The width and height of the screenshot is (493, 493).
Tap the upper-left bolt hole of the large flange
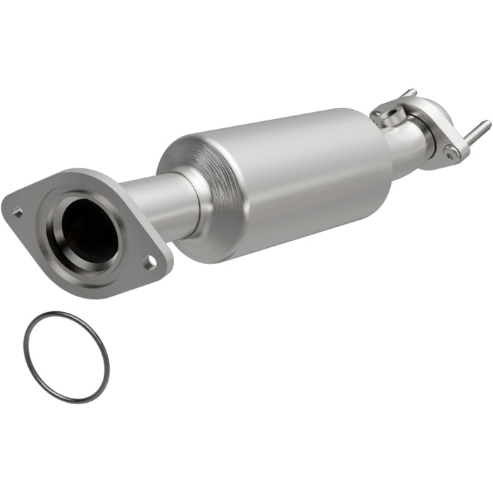click(x=18, y=211)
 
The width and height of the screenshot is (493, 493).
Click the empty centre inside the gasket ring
click(x=66, y=356)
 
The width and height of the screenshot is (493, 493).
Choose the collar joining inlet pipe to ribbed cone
click(x=194, y=201)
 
